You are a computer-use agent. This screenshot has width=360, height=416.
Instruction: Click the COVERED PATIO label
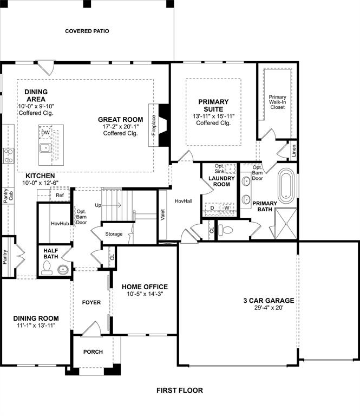pyautogui.click(x=87, y=31)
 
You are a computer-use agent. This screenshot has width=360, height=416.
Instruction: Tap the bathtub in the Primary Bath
pyautogui.click(x=287, y=185)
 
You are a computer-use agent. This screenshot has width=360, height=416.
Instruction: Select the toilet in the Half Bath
pyautogui.click(x=47, y=268)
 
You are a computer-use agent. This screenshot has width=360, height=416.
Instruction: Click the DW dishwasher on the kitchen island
pyautogui.click(x=45, y=133)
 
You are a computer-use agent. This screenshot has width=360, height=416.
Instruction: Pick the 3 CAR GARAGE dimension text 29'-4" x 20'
pyautogui.click(x=268, y=308)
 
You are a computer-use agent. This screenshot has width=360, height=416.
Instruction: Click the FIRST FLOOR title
pyautogui.click(x=180, y=390)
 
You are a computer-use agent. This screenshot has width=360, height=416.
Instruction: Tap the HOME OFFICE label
pyautogui.click(x=145, y=287)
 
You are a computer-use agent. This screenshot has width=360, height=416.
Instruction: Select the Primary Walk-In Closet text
pyautogui.click(x=277, y=102)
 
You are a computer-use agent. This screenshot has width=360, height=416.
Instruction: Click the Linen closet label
pyautogui.click(x=294, y=150)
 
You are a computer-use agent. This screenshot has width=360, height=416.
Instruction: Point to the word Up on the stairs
pyautogui.click(x=98, y=206)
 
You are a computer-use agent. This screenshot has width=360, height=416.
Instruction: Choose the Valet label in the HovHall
pyautogui.click(x=162, y=214)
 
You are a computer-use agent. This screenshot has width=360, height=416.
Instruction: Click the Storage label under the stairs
pyautogui.click(x=114, y=234)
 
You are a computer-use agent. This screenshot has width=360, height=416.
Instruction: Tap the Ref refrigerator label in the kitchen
pyautogui.click(x=60, y=195)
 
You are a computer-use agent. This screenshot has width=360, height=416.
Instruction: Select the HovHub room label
pyautogui.click(x=59, y=223)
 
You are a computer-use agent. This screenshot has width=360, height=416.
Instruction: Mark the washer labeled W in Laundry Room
pyautogui.click(x=227, y=207)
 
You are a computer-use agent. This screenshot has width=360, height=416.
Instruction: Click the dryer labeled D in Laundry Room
pyautogui.click(x=212, y=207)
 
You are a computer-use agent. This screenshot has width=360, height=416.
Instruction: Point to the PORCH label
pyautogui.click(x=93, y=352)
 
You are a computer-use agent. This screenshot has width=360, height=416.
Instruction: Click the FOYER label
pyautogui.click(x=91, y=302)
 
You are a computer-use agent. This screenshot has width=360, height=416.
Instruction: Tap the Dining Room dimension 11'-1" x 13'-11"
pyautogui.click(x=36, y=325)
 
